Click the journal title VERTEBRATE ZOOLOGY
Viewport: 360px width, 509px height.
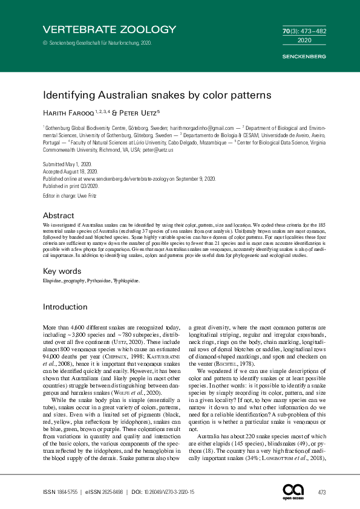(109, 29)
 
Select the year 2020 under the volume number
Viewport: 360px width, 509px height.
(305, 41)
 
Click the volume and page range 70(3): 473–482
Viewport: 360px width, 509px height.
(305, 30)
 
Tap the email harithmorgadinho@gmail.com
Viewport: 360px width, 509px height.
(203, 129)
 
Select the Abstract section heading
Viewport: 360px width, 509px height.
(59, 215)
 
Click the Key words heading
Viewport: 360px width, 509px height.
(62, 271)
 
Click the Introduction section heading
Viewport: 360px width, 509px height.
(65, 307)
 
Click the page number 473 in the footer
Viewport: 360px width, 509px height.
(322, 493)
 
